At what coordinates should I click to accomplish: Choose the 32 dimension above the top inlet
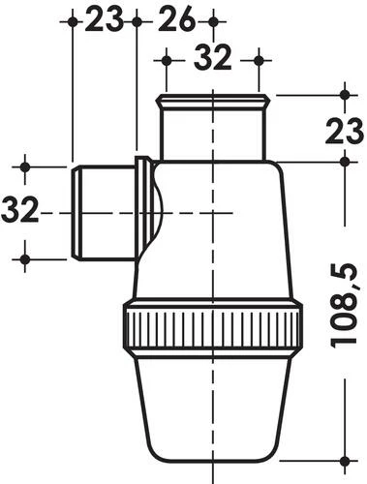pos(213,60)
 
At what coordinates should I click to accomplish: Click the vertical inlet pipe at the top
pos(213,136)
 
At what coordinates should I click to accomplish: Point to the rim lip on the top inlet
pos(213,101)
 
